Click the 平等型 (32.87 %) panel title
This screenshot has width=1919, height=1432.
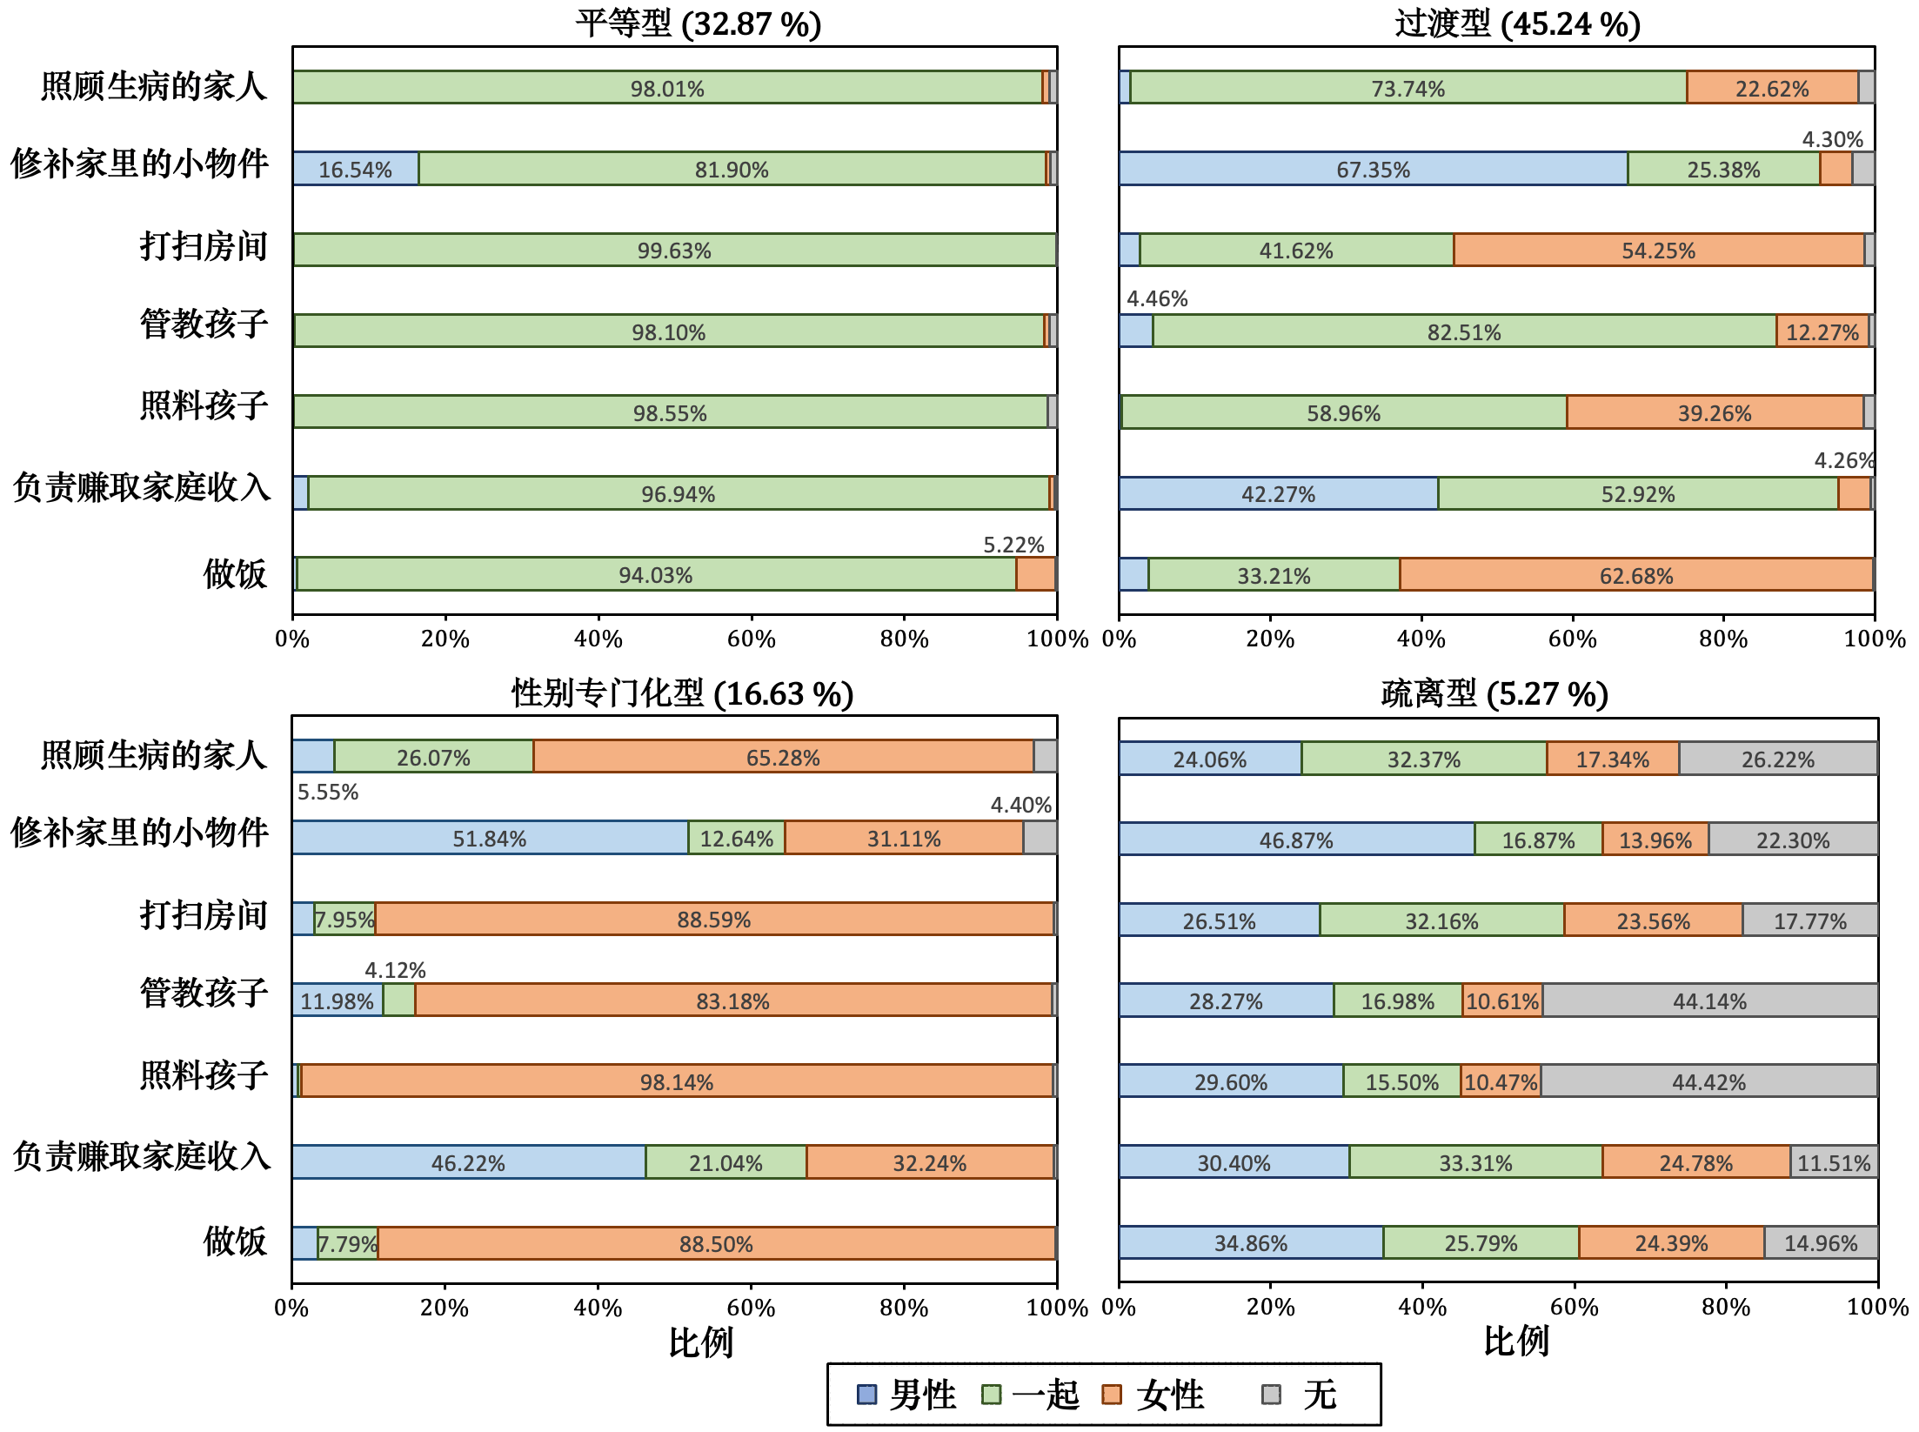click(698, 23)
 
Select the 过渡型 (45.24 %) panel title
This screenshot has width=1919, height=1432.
click(1518, 23)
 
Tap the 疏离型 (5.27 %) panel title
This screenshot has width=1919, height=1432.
click(1494, 693)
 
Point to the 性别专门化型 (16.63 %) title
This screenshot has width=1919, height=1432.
click(682, 693)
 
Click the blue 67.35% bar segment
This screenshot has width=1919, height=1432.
click(1373, 169)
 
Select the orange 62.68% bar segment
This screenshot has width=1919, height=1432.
click(1635, 575)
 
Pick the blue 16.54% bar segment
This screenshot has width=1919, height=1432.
click(355, 169)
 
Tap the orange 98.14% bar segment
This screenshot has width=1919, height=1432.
click(676, 1081)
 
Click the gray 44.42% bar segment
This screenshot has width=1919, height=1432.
click(1708, 1081)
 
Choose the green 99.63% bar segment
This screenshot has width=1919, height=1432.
click(674, 251)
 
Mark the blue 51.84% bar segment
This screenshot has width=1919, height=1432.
click(489, 839)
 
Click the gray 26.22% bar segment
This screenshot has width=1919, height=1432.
click(1777, 759)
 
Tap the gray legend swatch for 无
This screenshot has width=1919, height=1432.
click(1271, 1395)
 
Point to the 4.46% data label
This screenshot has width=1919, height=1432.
click(1157, 298)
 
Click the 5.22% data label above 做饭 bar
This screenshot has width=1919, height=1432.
click(1013, 545)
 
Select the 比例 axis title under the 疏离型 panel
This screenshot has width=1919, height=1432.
click(1515, 1341)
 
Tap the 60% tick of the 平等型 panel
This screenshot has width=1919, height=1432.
click(751, 639)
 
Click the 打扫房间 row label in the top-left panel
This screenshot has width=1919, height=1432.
click(204, 246)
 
